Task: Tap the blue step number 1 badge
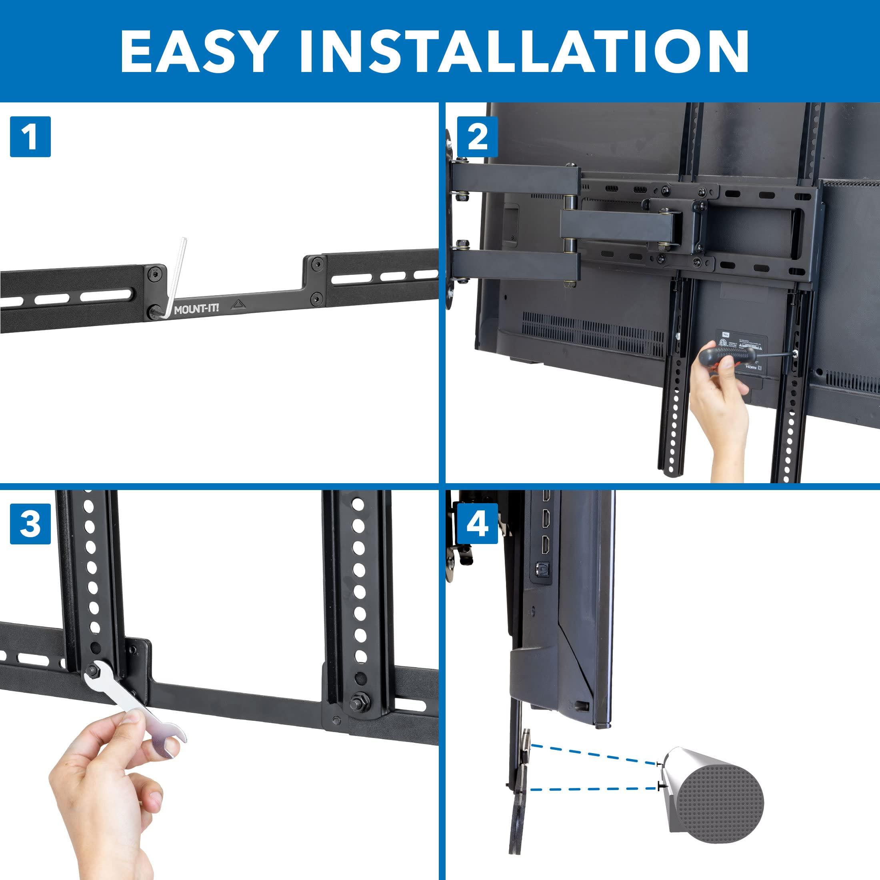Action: [x=30, y=137]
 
